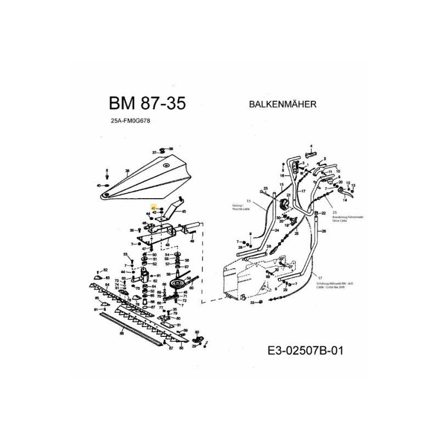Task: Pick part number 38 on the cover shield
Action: point(127,171)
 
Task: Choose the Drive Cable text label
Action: point(340,221)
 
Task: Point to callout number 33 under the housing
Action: point(252,302)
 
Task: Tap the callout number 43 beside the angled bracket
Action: point(183,211)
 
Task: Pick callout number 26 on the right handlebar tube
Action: point(324,231)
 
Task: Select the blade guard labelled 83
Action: point(108,278)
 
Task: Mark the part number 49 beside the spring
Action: point(194,232)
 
